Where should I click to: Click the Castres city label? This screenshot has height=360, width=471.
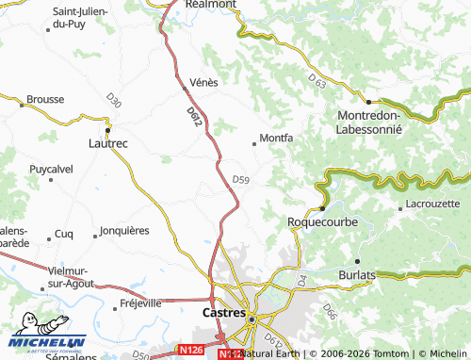point(224,311)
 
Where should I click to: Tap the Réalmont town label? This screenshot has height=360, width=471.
point(211,5)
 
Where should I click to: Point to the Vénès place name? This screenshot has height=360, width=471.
point(203,82)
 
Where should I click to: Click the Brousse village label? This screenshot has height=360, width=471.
point(45,99)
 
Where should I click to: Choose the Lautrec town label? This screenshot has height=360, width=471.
point(107,143)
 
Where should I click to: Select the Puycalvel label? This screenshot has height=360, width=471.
point(51,169)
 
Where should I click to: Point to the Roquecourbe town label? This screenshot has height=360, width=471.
point(322,222)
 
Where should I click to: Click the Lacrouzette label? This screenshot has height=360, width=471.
point(429,204)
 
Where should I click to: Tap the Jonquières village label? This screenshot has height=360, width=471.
point(124,230)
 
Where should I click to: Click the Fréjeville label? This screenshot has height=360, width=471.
point(141,303)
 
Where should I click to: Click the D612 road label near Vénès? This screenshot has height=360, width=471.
point(194,117)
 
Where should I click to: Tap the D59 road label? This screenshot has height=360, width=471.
point(240,179)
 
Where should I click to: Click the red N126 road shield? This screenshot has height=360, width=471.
point(191,351)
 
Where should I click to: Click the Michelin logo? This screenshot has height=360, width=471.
point(47,343)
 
